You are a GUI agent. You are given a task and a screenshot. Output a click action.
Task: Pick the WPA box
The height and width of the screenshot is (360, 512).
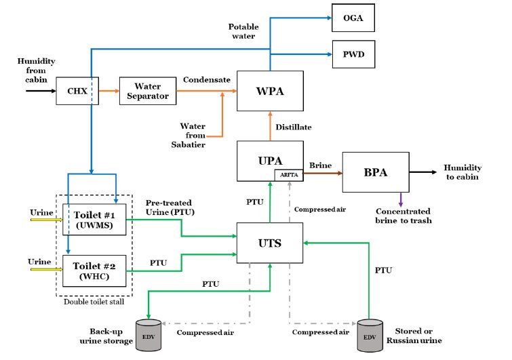tap(269, 91)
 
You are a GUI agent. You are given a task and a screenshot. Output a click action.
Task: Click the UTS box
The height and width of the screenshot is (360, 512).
tap(269, 243)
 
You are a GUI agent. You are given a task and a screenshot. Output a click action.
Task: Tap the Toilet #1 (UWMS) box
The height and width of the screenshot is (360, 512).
tap(94, 219)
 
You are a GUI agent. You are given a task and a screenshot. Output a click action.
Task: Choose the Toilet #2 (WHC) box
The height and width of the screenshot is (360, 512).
tap(94, 269)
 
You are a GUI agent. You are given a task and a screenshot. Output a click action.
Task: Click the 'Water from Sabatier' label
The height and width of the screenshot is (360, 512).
tap(193, 134)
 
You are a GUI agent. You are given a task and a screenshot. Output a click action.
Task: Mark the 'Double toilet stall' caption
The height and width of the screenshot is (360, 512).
tap(94, 302)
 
